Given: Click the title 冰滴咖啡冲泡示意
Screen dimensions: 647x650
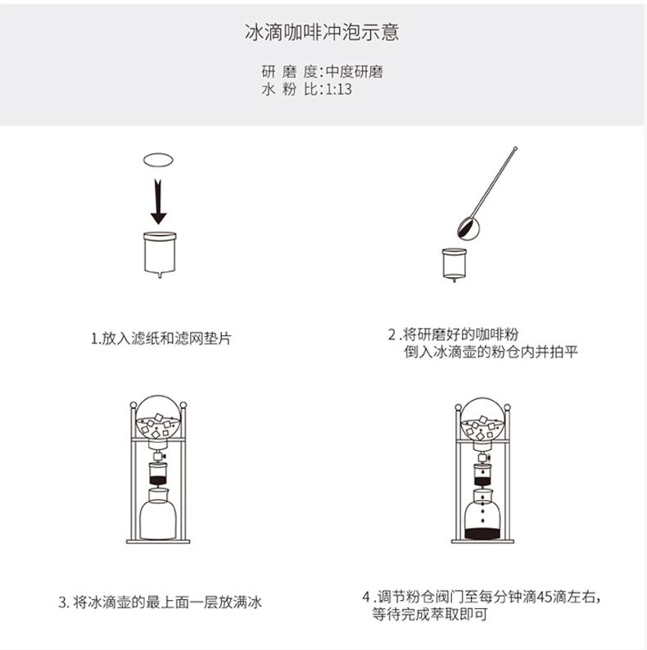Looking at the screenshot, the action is click(x=322, y=32).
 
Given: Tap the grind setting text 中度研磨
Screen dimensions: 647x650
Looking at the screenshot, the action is click(x=354, y=71).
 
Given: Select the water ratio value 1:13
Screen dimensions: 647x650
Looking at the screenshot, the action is click(x=338, y=89).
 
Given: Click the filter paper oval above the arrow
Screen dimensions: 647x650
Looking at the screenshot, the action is click(x=158, y=160).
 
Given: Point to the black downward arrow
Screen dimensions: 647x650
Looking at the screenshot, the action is click(x=158, y=202).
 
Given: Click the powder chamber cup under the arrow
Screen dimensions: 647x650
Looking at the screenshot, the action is click(x=160, y=254).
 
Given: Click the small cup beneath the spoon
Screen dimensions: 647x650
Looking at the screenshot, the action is click(x=455, y=264).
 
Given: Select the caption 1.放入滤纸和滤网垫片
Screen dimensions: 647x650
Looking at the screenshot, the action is click(x=161, y=339).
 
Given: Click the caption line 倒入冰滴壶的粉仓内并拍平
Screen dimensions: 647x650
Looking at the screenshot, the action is click(x=491, y=352).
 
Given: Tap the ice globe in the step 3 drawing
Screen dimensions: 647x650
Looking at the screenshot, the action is click(x=158, y=418).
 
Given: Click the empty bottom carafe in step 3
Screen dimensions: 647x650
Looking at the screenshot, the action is click(x=158, y=514).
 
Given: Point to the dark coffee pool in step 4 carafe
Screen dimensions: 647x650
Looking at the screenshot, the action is click(x=482, y=534).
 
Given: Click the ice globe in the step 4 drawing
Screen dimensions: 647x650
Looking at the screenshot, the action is click(x=483, y=420).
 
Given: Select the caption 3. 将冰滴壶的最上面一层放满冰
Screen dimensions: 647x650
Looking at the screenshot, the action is click(x=160, y=602).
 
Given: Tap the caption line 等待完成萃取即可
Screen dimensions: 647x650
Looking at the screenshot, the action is click(x=429, y=614).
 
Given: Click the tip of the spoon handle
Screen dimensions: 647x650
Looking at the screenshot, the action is click(x=515, y=148).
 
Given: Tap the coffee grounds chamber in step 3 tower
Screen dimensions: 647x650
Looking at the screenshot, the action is click(x=158, y=474).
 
